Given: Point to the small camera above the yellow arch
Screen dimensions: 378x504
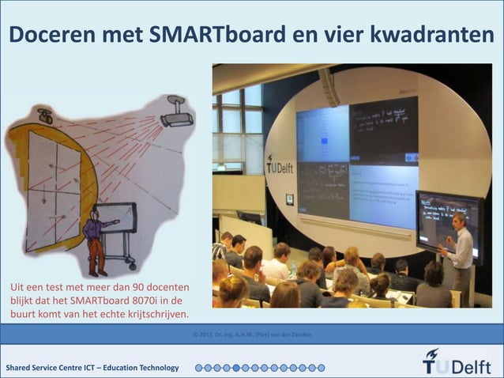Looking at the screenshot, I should click(x=45, y=116).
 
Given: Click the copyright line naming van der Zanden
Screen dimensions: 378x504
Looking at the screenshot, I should click(x=251, y=335).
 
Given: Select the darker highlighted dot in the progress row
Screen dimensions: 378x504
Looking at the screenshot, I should click(x=246, y=368).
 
